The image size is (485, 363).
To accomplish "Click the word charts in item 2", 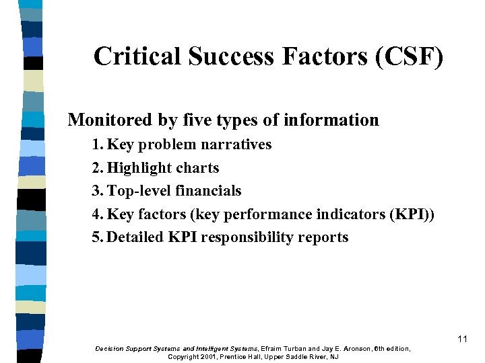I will click(x=197, y=168).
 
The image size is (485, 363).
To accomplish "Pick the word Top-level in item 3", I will click(x=139, y=191).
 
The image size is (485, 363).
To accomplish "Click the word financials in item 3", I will click(x=208, y=191).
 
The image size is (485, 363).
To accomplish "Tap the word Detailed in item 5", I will click(x=135, y=237).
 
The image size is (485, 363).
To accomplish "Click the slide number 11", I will click(x=462, y=339).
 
